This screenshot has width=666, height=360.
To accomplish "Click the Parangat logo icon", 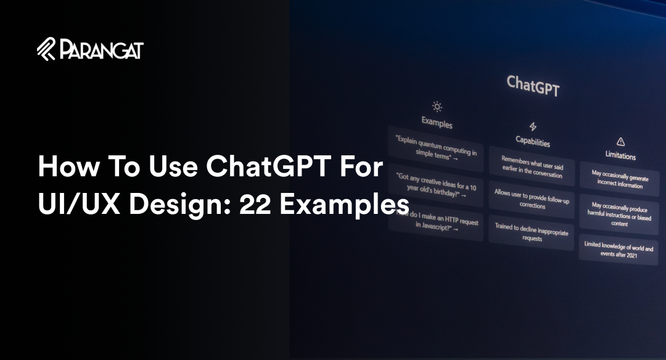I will [47, 49].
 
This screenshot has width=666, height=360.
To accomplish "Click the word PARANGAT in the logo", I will [102, 49].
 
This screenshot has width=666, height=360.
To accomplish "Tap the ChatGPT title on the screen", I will [533, 86].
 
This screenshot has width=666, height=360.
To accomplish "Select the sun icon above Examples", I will [437, 106].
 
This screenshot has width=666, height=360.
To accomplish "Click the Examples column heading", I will [437, 123].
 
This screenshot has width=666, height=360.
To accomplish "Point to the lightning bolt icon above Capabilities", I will [533, 126].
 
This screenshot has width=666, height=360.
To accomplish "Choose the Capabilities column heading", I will [533, 142].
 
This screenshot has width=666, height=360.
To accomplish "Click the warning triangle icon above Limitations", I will [621, 142].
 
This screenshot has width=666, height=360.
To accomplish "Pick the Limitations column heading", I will [620, 156].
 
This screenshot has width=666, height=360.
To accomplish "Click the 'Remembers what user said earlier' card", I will [532, 166].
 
